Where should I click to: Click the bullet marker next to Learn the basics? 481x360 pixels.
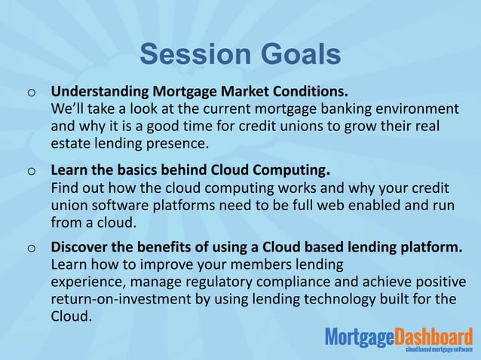coord(30,171)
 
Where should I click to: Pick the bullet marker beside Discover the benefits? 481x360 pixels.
coord(30,249)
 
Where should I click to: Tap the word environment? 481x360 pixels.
coord(411,109)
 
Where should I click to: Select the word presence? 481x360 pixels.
coord(176,142)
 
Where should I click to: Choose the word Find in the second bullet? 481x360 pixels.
coord(63,187)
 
